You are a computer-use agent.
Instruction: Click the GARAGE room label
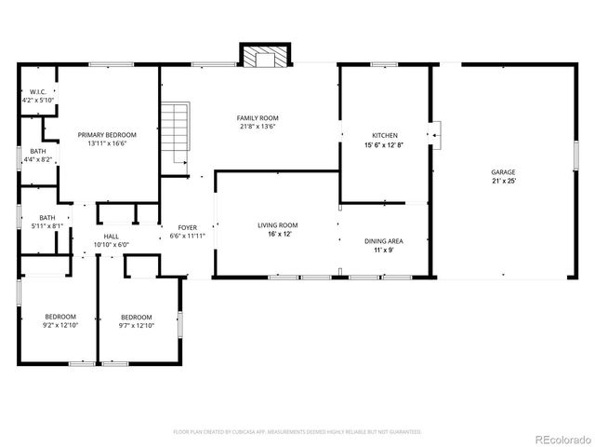coord(503,172)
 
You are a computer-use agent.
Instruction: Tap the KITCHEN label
coord(384,135)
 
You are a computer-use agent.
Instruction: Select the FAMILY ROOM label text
coord(258,118)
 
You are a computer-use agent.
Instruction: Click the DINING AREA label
coord(383,240)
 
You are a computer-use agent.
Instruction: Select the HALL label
coord(111,237)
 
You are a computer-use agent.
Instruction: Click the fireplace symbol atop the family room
coord(264,57)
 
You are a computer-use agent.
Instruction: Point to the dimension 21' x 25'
coord(503,182)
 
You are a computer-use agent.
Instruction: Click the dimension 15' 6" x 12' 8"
coord(384,144)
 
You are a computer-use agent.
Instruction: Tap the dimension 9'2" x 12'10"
coord(59,326)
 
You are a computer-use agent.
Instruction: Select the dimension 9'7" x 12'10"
coord(136,326)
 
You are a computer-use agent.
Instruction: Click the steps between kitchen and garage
coord(435,136)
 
